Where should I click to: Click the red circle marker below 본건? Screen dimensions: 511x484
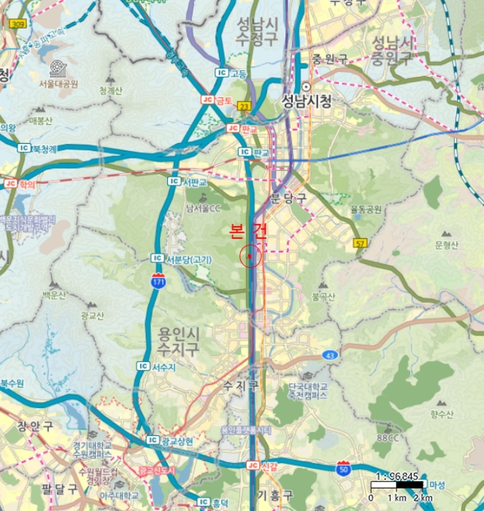(x=250, y=256)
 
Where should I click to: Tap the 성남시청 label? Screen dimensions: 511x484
(x=307, y=102)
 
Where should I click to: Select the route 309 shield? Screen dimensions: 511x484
(x=17, y=24)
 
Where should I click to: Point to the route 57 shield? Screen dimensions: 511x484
(x=359, y=242)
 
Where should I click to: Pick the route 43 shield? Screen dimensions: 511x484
(x=331, y=355)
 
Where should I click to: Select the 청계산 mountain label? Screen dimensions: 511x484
(x=111, y=91)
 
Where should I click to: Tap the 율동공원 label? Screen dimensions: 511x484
(x=366, y=209)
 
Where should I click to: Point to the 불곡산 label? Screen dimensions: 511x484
(x=323, y=296)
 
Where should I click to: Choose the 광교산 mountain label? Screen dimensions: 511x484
(x=92, y=315)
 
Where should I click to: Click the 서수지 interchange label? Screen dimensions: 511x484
(x=164, y=367)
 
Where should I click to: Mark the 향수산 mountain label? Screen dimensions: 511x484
(x=442, y=414)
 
